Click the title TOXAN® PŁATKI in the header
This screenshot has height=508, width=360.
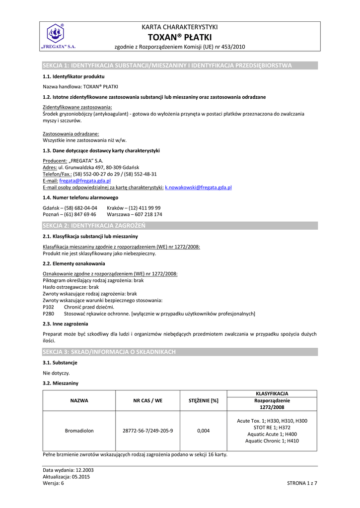click(179, 37)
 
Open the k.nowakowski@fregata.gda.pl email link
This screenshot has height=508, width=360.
click(198, 188)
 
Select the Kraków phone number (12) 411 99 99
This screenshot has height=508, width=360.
click(144, 208)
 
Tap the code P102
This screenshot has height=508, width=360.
click(49, 307)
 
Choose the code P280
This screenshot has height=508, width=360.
click(49, 314)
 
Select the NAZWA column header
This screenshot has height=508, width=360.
click(79, 400)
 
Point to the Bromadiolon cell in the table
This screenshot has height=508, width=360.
click(79, 431)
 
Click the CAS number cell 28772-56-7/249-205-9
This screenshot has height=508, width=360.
click(147, 431)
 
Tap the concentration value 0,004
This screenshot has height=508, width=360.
click(203, 431)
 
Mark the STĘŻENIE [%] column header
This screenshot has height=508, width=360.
click(203, 400)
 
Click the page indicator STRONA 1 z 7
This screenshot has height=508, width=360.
click(302, 483)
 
